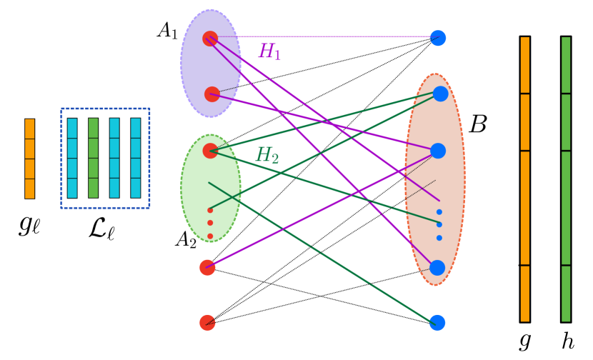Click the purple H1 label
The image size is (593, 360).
[x=269, y=51]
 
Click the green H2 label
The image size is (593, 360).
[x=267, y=155]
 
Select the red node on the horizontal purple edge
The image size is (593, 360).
[x=210, y=39]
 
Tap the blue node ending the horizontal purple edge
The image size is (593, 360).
[x=438, y=38]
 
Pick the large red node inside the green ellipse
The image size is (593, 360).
[x=210, y=151]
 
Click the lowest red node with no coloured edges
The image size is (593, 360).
[x=207, y=322]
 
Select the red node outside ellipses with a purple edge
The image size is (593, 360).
[x=207, y=267]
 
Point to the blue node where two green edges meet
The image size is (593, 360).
[x=440, y=94]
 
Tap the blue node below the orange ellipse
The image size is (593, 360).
[x=437, y=322]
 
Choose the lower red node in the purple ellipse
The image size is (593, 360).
[x=212, y=94]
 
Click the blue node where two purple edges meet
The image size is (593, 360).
[x=438, y=151]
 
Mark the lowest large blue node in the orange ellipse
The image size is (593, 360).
[x=437, y=268]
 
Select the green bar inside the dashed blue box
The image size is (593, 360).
[x=93, y=158]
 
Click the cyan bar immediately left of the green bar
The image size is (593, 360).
[x=72, y=158]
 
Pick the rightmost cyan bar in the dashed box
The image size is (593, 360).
[x=136, y=158]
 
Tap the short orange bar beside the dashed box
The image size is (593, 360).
[x=29, y=159]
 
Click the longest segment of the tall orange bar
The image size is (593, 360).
[x=525, y=208]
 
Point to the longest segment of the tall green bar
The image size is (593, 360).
[x=566, y=208]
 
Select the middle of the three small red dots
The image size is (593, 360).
[x=210, y=223]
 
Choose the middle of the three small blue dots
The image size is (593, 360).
[x=439, y=224]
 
